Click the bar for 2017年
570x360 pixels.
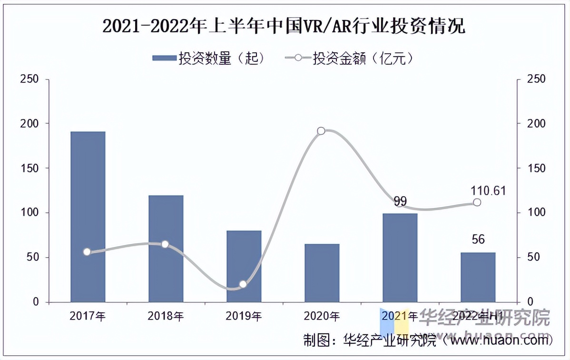tap(88, 217)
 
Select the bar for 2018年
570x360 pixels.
tap(166, 249)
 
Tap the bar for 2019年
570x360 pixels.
tap(244, 266)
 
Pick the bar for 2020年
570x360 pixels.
tap(322, 273)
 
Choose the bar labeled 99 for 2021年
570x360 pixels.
tap(400, 258)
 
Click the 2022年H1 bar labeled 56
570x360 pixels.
tap(478, 277)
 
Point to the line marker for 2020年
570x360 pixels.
tap(321, 131)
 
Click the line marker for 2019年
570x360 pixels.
tap(243, 284)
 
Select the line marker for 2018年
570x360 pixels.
tap(165, 244)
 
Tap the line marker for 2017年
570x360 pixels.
tap(87, 252)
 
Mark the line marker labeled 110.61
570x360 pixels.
tap(477, 202)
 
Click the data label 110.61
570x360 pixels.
tap(488, 191)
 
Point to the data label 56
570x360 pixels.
tap(478, 239)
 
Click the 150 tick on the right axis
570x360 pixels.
tap(537, 168)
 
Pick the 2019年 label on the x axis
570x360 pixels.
tap(244, 315)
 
